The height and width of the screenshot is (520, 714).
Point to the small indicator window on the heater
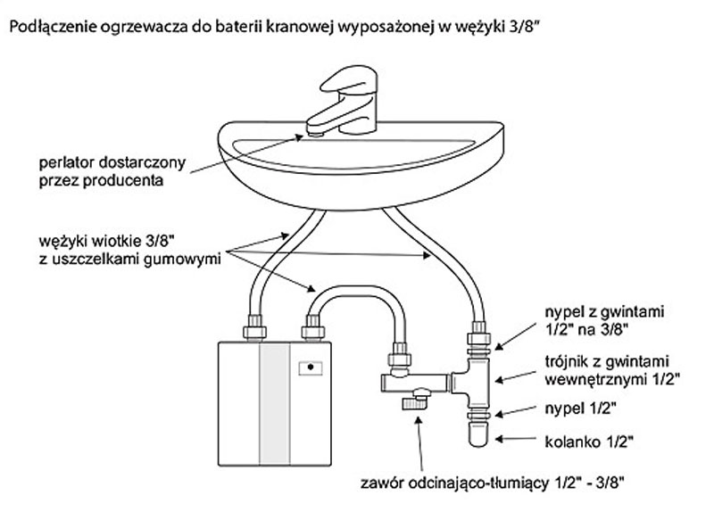(310, 367)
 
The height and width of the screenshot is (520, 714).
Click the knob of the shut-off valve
(414, 404)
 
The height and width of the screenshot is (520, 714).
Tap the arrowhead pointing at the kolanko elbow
(495, 437)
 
